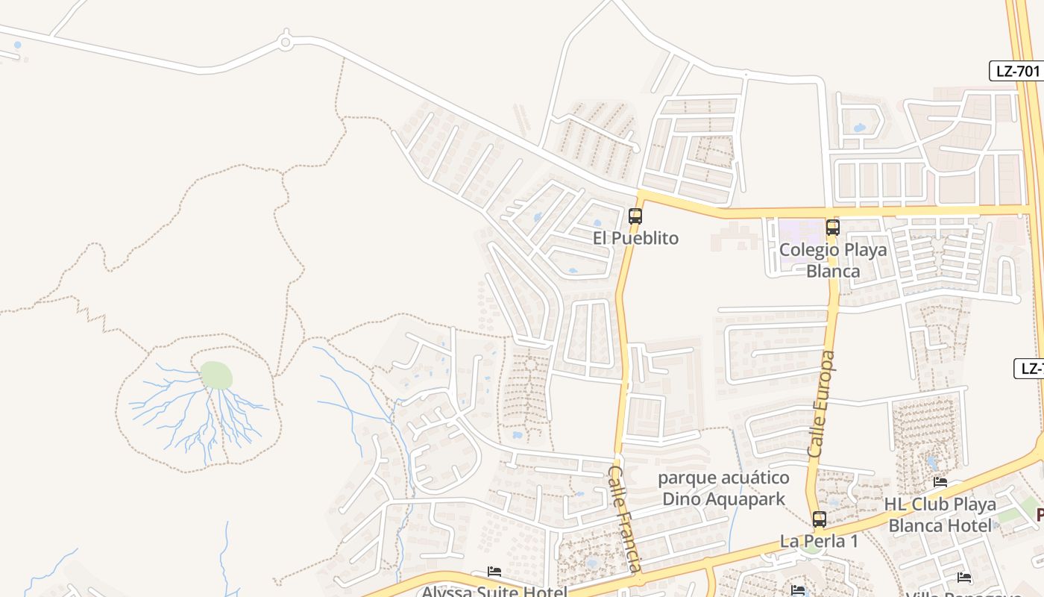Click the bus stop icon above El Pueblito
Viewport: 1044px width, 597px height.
pyautogui.click(x=635, y=216)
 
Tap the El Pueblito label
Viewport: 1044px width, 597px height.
pyautogui.click(x=636, y=238)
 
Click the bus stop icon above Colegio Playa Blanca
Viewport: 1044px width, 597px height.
pyautogui.click(x=833, y=228)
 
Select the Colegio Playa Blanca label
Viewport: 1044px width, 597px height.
pyautogui.click(x=833, y=260)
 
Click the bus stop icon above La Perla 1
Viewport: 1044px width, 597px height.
pyautogui.click(x=820, y=519)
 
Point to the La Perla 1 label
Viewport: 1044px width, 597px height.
pyautogui.click(x=819, y=541)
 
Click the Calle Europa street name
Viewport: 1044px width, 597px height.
pyautogui.click(x=821, y=404)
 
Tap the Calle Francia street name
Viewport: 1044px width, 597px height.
pyautogui.click(x=626, y=519)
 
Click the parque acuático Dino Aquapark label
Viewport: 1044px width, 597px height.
pyautogui.click(x=723, y=488)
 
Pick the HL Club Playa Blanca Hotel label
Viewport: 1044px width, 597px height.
pyautogui.click(x=941, y=514)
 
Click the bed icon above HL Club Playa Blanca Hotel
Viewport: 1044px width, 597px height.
pyautogui.click(x=940, y=482)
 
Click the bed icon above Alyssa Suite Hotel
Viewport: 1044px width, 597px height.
pyautogui.click(x=494, y=572)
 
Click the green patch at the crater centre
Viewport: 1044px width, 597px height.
pyautogui.click(x=216, y=375)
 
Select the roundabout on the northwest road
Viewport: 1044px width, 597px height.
pyautogui.click(x=285, y=43)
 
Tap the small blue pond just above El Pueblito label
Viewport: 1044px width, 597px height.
pyautogui.click(x=597, y=222)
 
